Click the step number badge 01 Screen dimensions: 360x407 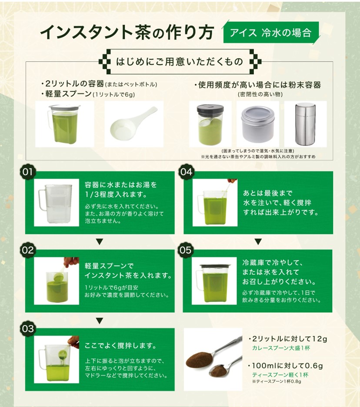point(28,172)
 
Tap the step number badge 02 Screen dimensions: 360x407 point(28,250)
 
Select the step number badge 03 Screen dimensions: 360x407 point(28,329)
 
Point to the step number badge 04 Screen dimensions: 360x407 point(186,172)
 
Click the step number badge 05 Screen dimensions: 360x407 point(186,250)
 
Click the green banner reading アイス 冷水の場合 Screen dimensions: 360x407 point(271,33)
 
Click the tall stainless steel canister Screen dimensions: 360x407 point(306,124)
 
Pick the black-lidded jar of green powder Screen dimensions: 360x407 point(210,125)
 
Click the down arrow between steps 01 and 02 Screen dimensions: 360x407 point(100,242)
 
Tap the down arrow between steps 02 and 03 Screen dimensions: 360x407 point(100,321)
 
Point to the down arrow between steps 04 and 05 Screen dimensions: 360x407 point(258,242)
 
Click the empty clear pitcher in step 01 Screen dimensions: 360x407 point(55,204)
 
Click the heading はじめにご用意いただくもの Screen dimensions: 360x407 point(180,62)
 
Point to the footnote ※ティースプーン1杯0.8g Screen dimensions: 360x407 point(277,381)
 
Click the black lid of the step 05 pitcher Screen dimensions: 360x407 point(215,266)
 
